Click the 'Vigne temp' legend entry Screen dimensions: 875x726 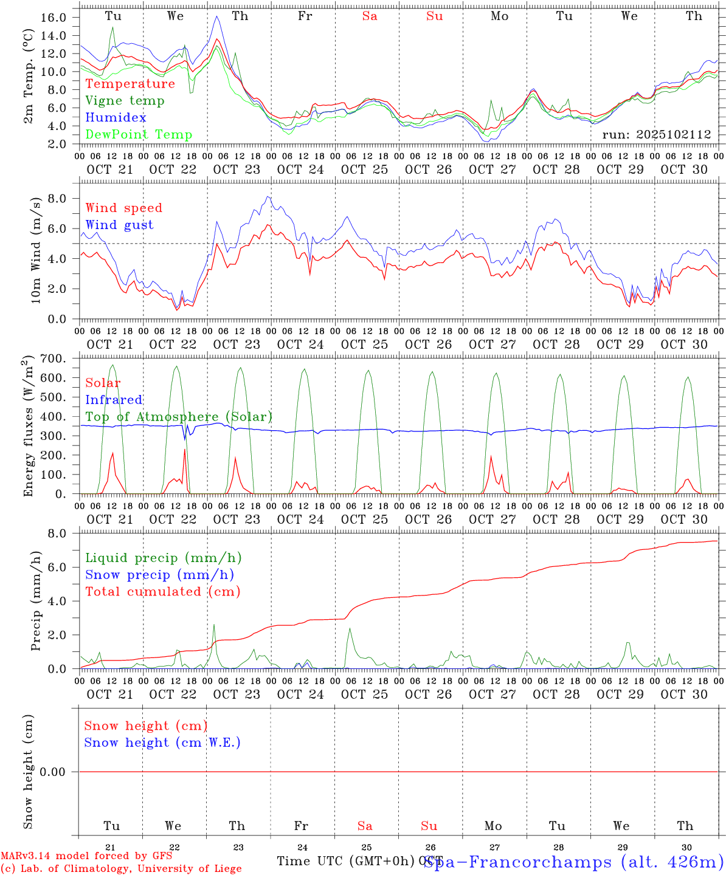[125, 101]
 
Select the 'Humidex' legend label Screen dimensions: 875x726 [116, 118]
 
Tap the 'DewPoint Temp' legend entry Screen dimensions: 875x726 [139, 135]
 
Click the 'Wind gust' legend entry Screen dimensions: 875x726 [119, 225]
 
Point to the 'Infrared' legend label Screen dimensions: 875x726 [114, 400]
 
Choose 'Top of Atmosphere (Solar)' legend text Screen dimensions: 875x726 [179, 417]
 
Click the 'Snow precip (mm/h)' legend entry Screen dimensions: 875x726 [159, 575]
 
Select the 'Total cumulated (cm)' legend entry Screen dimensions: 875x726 [162, 592]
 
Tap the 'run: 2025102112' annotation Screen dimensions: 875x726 [656, 135]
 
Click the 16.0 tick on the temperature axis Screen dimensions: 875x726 [54, 18]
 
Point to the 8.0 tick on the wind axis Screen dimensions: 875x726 [57, 199]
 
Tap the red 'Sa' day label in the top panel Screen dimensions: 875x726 [370, 16]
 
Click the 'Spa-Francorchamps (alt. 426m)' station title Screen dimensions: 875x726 [573, 862]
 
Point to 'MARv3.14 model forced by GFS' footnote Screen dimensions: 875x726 [86, 856]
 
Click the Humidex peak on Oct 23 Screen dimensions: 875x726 [217, 16]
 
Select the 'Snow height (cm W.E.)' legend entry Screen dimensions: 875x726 [162, 743]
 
